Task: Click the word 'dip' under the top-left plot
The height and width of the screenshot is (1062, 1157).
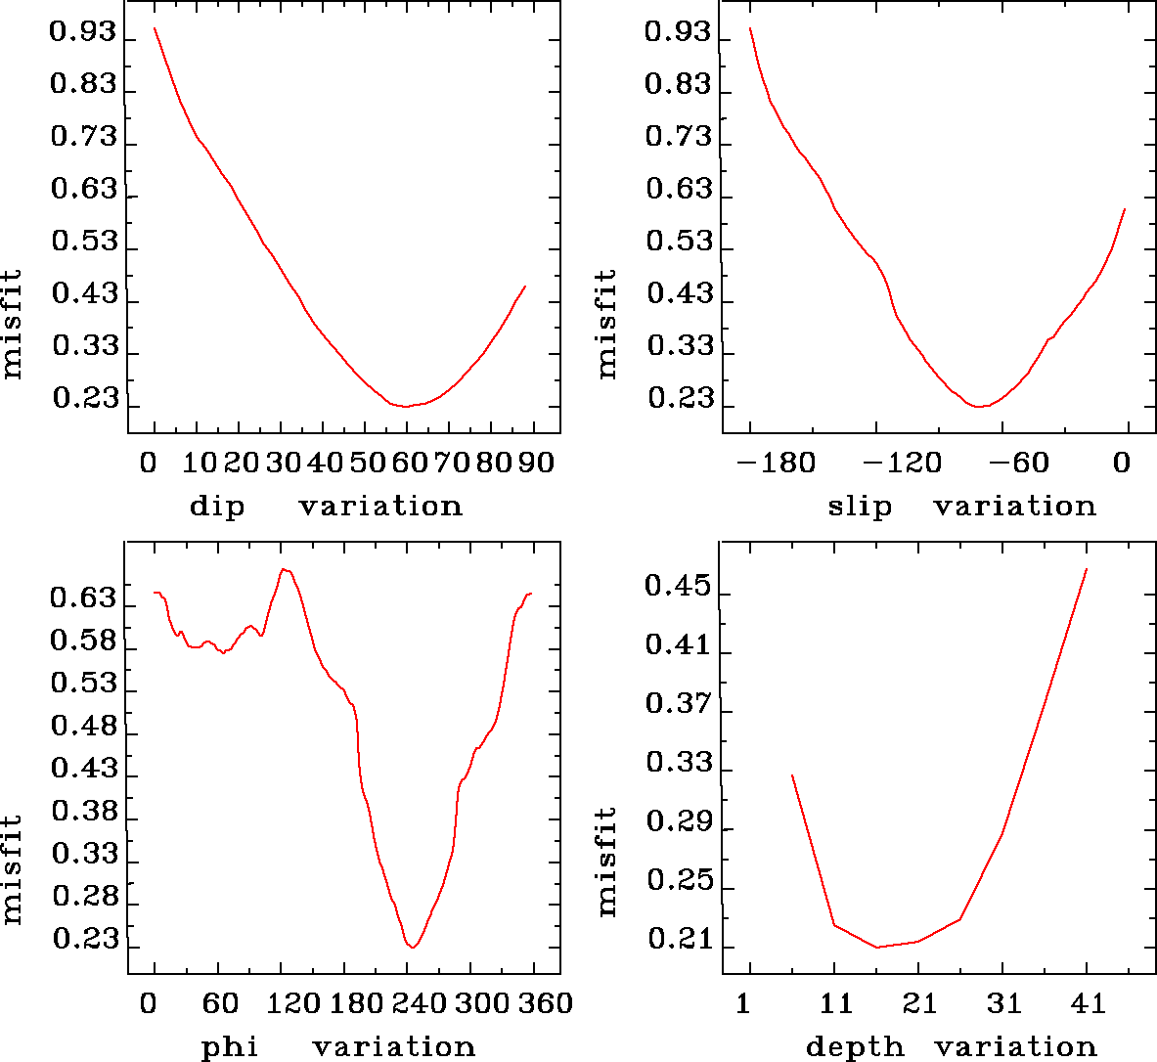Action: pos(216,507)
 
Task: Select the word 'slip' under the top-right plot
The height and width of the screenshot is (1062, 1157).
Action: pos(860,507)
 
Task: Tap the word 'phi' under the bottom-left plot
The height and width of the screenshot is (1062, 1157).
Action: pos(230,1047)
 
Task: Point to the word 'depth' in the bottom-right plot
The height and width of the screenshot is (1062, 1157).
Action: pos(855,1047)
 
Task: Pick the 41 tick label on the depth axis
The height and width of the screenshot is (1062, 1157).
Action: pos(1087,1003)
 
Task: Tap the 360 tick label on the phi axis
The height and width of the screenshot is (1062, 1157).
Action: pos(543,1003)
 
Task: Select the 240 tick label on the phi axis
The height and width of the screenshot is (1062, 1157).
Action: pos(417,1003)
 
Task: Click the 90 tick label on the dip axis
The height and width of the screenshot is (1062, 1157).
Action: pos(535,462)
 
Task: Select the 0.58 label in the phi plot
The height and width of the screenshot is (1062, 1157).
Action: pos(83,642)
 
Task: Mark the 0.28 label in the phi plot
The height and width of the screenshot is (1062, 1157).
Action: pos(83,898)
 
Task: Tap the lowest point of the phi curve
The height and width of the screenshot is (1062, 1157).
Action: pos(414,948)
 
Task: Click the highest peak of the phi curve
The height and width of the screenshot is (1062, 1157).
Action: pos(283,569)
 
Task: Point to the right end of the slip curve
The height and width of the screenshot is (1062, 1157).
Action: pos(1126,208)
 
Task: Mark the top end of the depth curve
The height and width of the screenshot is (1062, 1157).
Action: pos(1087,568)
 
